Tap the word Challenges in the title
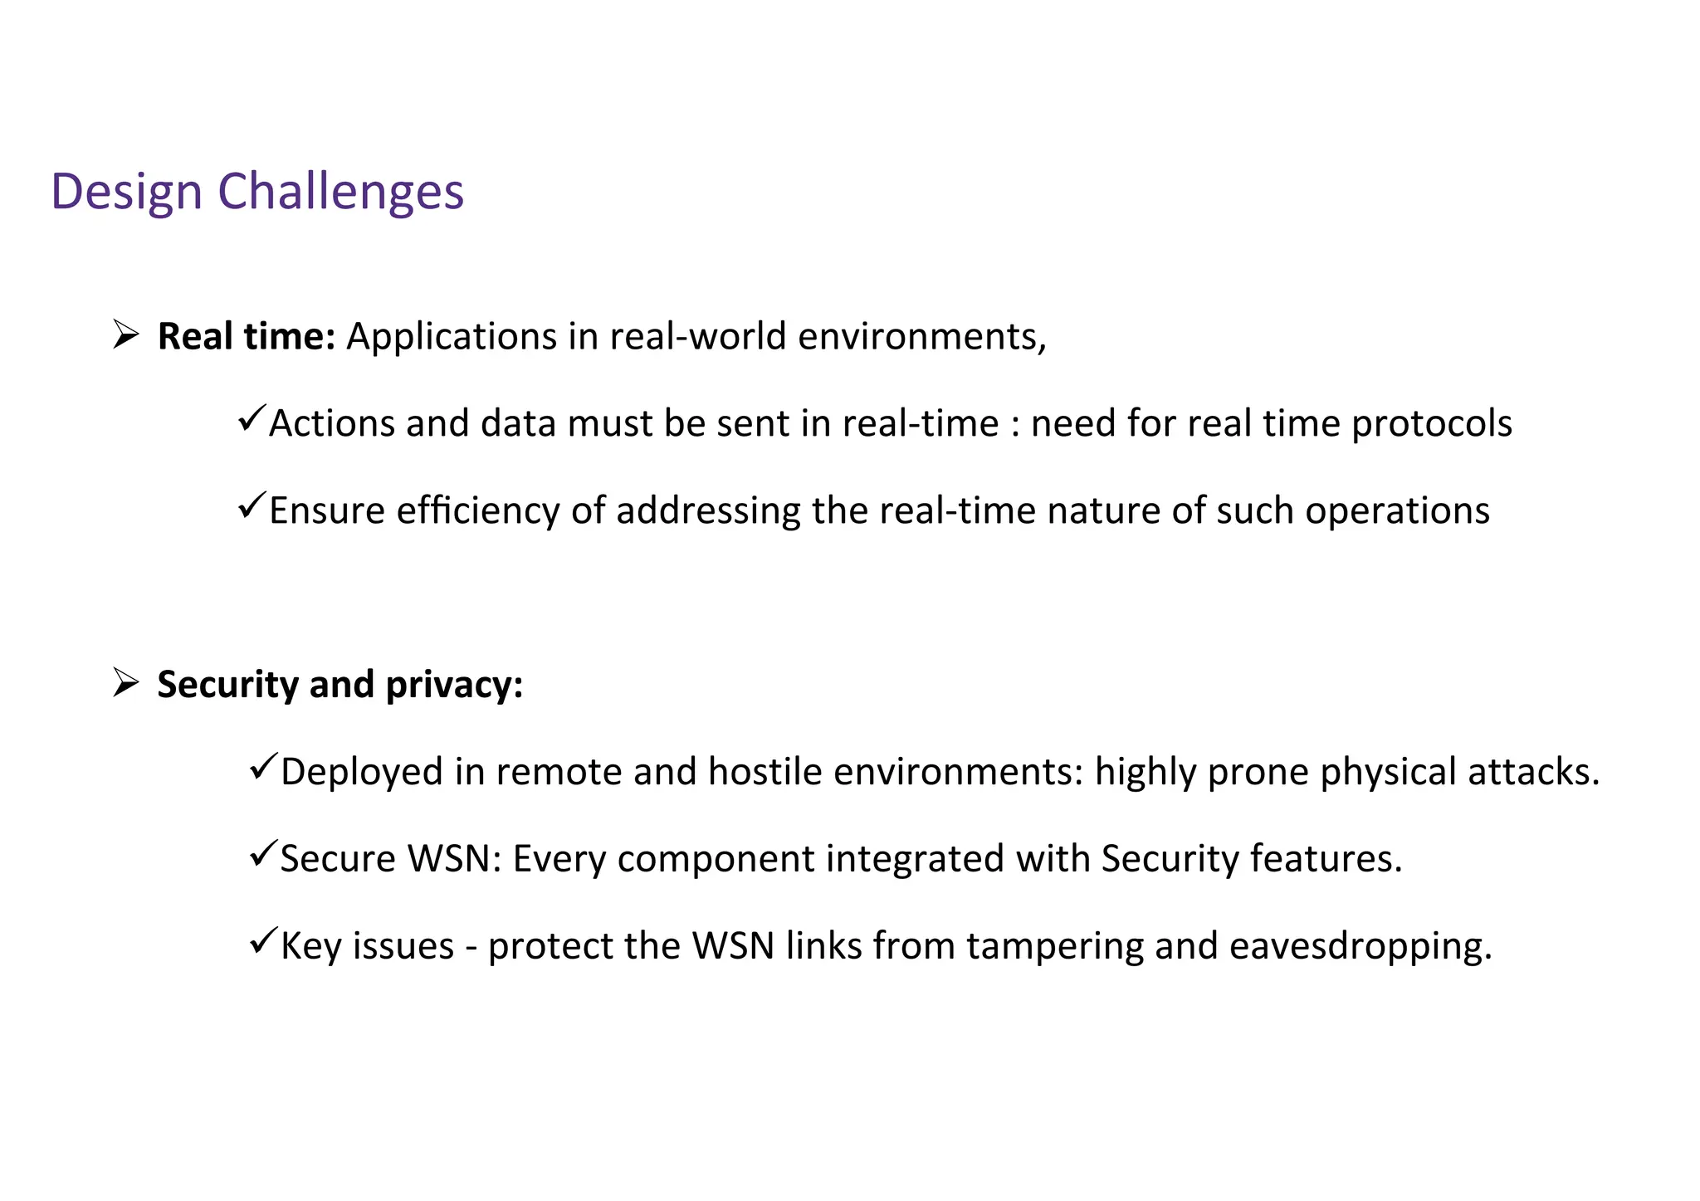[x=340, y=192]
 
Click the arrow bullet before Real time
[x=125, y=335]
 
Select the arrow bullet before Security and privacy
[x=125, y=683]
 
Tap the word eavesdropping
[x=1360, y=946]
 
